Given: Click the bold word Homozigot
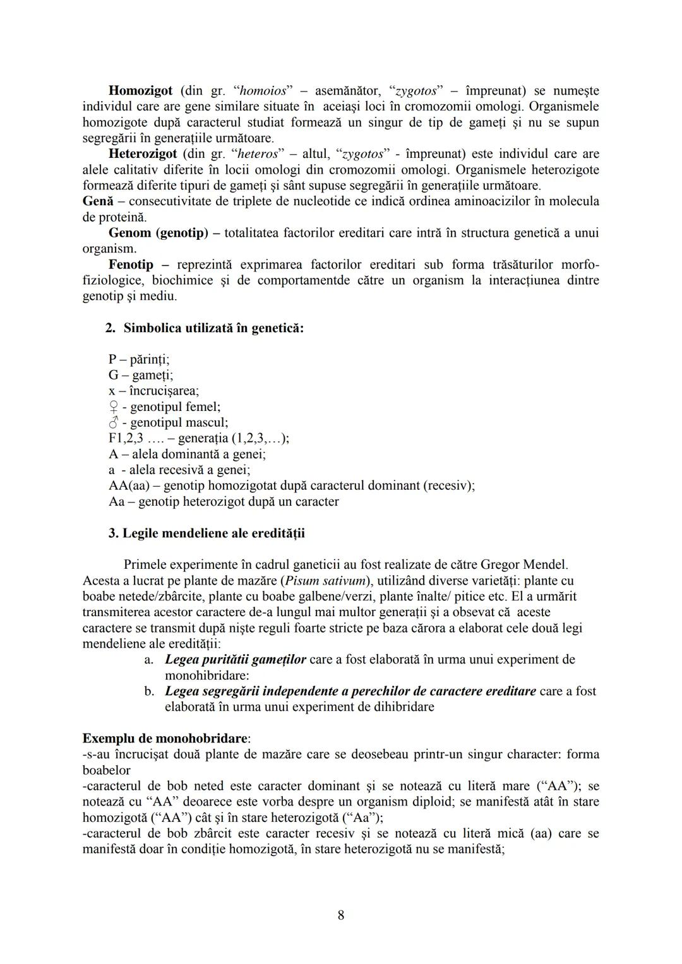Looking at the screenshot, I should click(x=140, y=90).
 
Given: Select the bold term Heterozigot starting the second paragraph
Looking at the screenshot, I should click(x=143, y=153).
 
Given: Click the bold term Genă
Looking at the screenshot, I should click(x=98, y=201).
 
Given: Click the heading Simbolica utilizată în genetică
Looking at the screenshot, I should click(x=213, y=328).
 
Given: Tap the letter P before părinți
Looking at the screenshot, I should click(x=112, y=359).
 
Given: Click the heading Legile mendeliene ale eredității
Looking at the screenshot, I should click(x=213, y=533).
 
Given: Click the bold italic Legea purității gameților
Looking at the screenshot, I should click(x=235, y=660).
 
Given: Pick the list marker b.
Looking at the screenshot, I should click(x=149, y=691).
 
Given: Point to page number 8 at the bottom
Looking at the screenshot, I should click(x=341, y=915).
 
